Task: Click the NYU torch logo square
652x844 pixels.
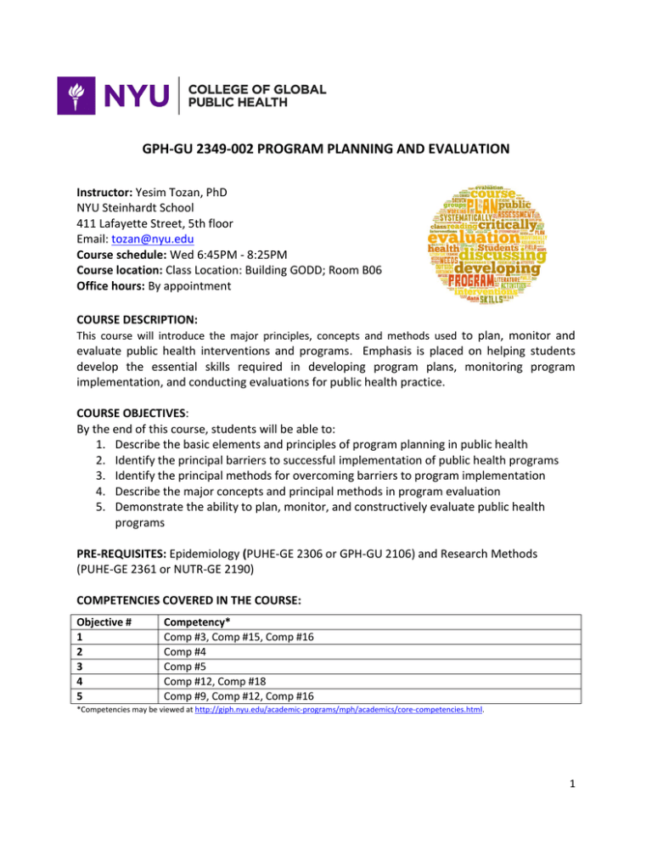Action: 77,95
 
